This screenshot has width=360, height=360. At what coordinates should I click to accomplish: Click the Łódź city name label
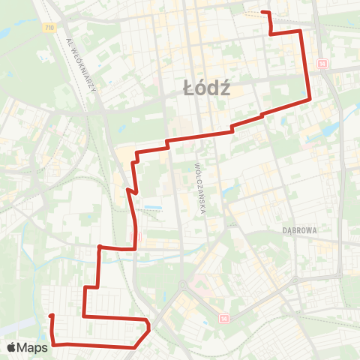point(206,88)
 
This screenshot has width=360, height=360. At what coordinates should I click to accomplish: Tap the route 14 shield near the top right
point(322,64)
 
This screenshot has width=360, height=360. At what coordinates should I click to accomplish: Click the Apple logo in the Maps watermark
point(13,347)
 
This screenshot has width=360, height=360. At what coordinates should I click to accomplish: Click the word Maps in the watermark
point(34,347)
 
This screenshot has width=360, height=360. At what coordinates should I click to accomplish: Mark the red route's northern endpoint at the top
point(262,12)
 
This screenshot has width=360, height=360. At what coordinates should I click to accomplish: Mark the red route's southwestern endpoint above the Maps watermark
point(51,316)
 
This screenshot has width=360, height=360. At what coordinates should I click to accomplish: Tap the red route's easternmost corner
point(310,98)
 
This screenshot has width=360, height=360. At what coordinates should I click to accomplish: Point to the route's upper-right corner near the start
point(301,31)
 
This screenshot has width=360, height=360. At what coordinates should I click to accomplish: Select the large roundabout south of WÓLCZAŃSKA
point(181,285)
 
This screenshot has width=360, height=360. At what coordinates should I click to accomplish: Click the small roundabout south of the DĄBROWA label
point(298,280)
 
